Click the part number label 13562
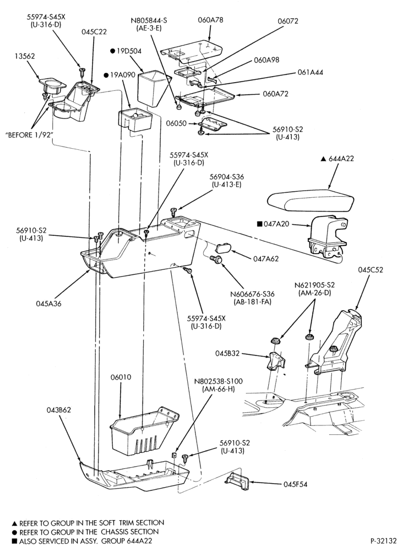pos(25,56)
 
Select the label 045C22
pos(94,32)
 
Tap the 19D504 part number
pos(129,51)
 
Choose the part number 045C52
pos(371,270)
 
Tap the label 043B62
pos(59,410)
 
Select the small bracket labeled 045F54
pos(238,480)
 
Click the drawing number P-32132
pos(383,541)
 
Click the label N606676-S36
pos(253,294)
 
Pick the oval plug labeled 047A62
pos(222,247)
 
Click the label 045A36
pos(48,304)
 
